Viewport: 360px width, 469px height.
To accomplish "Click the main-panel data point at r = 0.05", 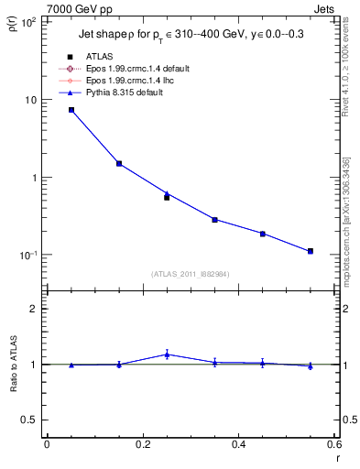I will click(x=71, y=110).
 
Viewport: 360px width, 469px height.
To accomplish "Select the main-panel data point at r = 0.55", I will click(x=311, y=251).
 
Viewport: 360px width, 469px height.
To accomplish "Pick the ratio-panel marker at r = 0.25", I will click(x=167, y=354).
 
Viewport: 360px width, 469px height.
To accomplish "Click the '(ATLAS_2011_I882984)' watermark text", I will click(x=191, y=274).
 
